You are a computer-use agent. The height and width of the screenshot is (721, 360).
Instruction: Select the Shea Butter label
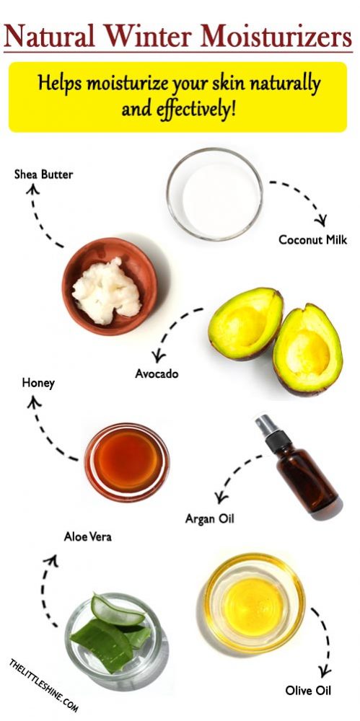[43, 174]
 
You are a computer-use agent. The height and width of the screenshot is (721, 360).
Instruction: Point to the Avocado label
[157, 374]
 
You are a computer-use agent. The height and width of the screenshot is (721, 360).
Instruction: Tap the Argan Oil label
[210, 518]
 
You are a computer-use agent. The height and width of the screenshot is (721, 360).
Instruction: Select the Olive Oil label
[307, 690]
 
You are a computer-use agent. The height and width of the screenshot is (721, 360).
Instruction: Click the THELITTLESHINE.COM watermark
[44, 685]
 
